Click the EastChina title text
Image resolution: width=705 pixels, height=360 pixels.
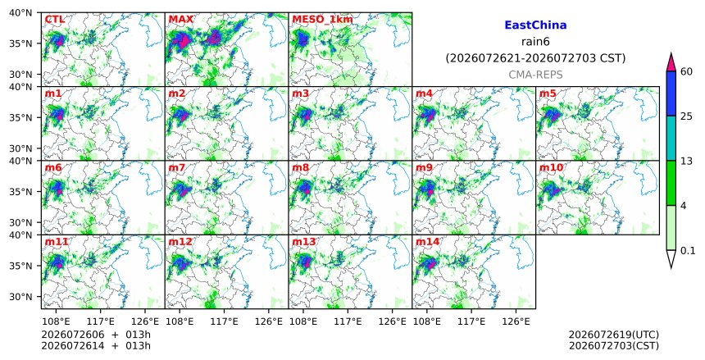click(535, 25)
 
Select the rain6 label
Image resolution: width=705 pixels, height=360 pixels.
click(535, 42)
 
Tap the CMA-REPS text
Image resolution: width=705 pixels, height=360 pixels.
click(535, 75)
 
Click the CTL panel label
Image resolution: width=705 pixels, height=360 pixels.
click(54, 20)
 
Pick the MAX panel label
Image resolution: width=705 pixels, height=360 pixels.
click(180, 20)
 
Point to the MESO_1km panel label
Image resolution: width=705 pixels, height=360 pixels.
click(322, 20)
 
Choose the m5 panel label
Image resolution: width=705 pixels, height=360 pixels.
click(548, 93)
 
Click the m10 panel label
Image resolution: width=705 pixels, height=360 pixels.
click(551, 167)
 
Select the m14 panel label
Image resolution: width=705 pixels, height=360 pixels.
click(427, 242)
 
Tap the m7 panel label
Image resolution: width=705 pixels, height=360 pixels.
click(177, 167)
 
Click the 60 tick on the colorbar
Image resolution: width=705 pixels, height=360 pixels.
click(686, 71)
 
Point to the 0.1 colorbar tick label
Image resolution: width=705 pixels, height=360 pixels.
click(688, 251)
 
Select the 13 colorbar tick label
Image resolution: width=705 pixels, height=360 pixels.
click(686, 161)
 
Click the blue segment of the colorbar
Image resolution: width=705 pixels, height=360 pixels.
click(671, 93)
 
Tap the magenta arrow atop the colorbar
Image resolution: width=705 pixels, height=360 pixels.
click(671, 62)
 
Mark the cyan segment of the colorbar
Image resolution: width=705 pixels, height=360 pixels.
click(671, 138)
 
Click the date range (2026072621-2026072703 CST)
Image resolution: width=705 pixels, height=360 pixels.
click(535, 58)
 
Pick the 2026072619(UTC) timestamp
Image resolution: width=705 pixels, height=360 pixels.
click(614, 335)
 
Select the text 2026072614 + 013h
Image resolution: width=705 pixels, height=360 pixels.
click(96, 345)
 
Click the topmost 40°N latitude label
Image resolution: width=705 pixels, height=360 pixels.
click(20, 12)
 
